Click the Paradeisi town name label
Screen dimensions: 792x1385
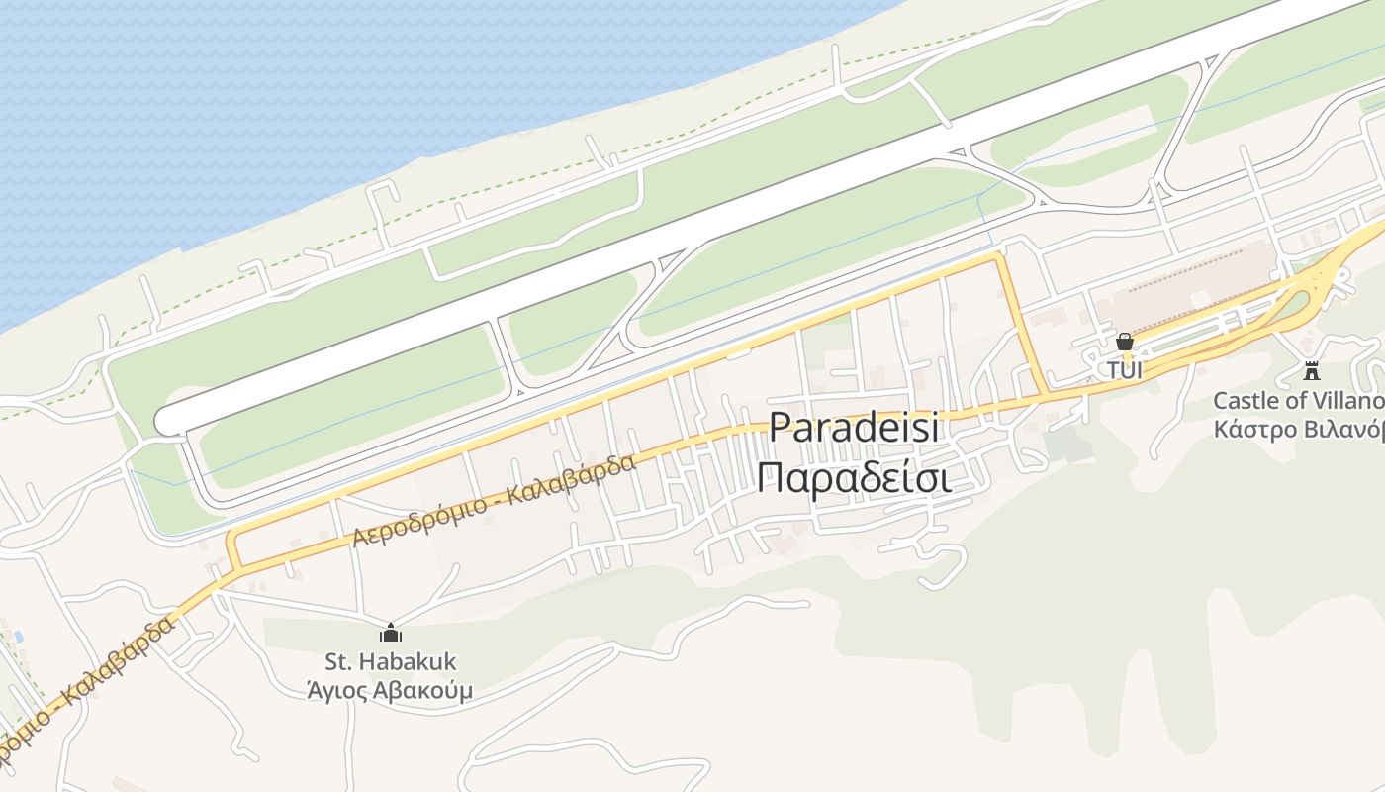(x=854, y=428)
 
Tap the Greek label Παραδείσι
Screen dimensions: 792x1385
(x=854, y=477)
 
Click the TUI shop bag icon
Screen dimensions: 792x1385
(x=1124, y=343)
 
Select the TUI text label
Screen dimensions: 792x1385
(x=1124, y=371)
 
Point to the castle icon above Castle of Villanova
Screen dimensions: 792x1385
(x=1312, y=372)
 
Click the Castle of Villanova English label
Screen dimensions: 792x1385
(x=1298, y=401)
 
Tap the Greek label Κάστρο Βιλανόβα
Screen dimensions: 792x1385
(x=1298, y=430)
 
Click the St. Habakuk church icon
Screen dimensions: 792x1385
(x=391, y=633)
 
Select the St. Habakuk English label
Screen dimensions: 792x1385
(x=391, y=661)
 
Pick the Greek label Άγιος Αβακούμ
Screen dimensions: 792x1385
(x=391, y=690)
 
